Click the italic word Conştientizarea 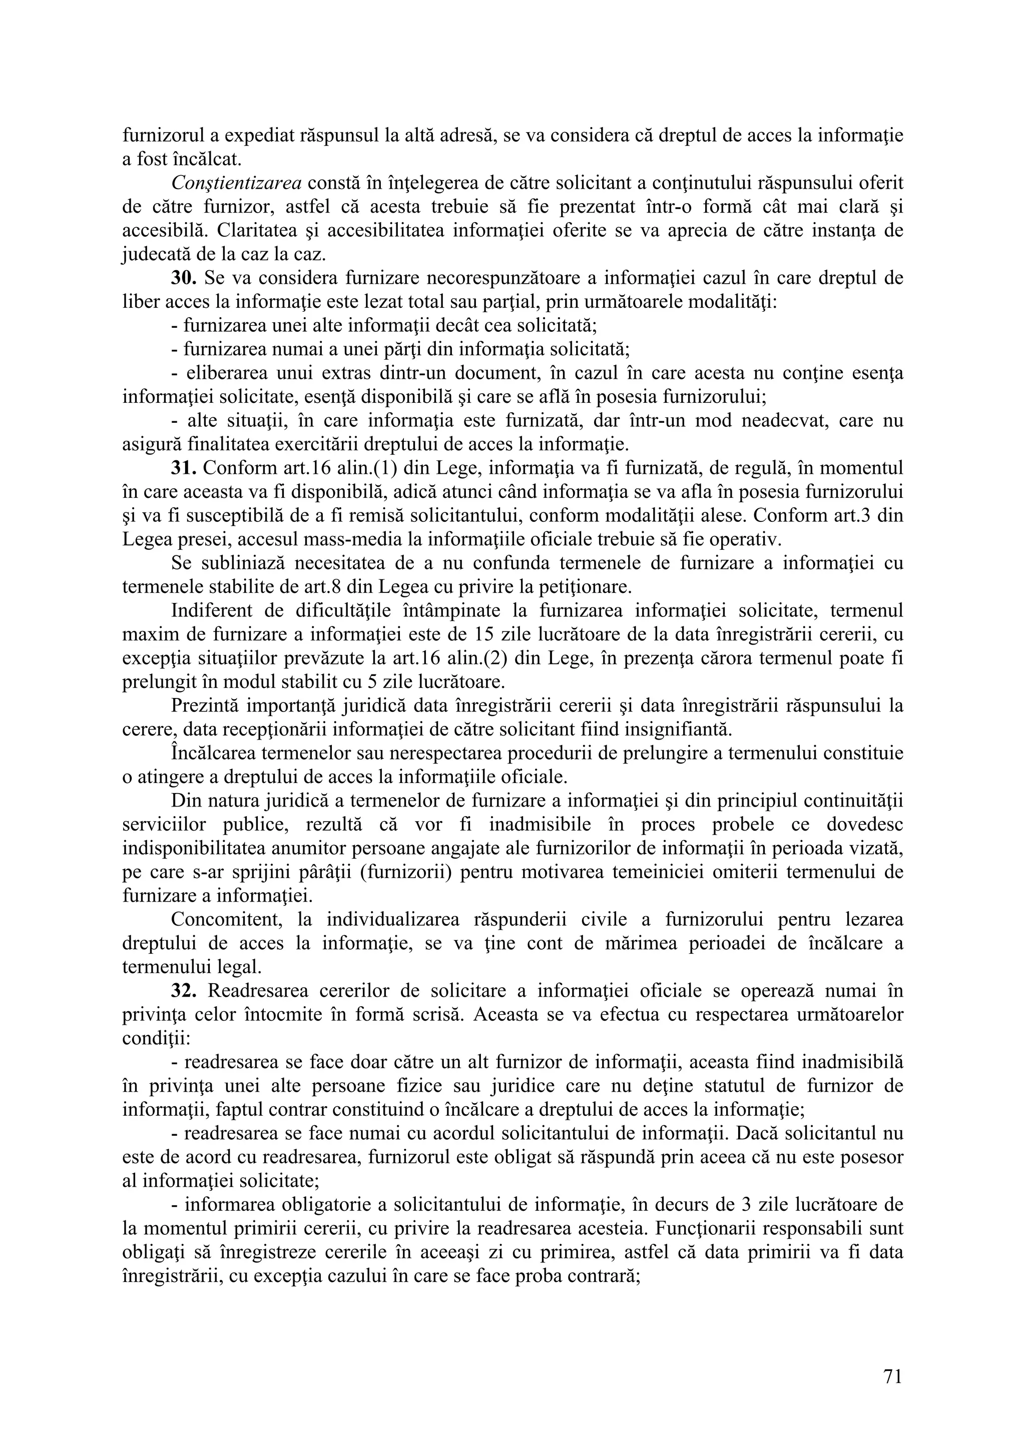pos(236,183)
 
